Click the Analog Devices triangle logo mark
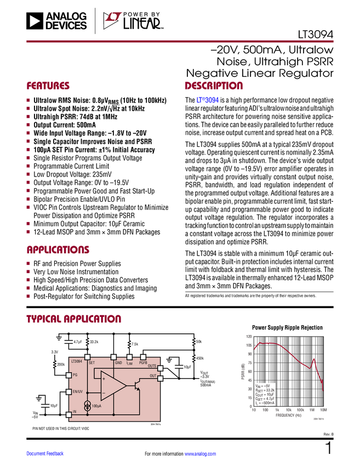tap(33, 21)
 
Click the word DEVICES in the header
tap(66, 25)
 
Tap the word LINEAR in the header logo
tap(142, 23)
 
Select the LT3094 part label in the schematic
tap(76, 362)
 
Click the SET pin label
tap(92, 362)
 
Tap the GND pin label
tap(118, 362)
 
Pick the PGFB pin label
tap(143, 362)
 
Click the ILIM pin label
tap(129, 362)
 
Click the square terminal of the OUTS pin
tap(160, 367)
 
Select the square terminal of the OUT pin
tap(160, 378)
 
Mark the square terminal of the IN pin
tap(69, 414)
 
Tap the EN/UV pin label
tap(77, 391)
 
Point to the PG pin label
tap(75, 375)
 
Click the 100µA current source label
tap(97, 406)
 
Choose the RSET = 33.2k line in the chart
tap(266, 390)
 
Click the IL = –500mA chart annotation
tap(265, 403)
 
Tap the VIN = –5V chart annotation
tap(263, 385)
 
